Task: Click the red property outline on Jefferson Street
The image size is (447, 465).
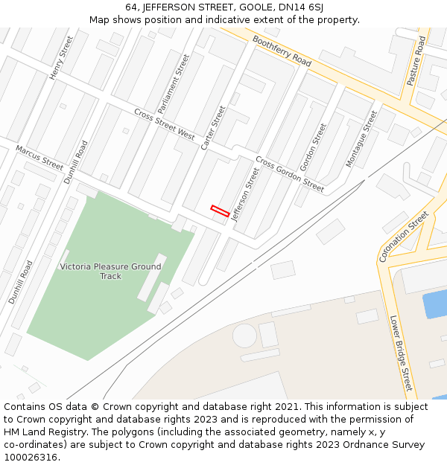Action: [220, 211]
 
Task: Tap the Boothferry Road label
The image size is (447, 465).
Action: [281, 51]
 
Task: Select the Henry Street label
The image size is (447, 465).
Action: [62, 58]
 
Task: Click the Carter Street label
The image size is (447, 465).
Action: [213, 128]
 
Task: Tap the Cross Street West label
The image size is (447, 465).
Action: [164, 124]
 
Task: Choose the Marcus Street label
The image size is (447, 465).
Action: [39, 158]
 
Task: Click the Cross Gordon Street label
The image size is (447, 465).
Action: [290, 174]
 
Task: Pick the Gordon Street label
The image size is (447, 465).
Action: [313, 146]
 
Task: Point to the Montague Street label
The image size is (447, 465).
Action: [361, 139]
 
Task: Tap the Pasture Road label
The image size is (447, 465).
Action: [416, 60]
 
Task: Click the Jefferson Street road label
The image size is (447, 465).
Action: [245, 195]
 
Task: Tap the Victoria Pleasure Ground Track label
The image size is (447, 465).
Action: [110, 272]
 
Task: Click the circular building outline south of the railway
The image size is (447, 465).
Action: [244, 336]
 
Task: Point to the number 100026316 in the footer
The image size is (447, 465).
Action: [31, 458]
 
